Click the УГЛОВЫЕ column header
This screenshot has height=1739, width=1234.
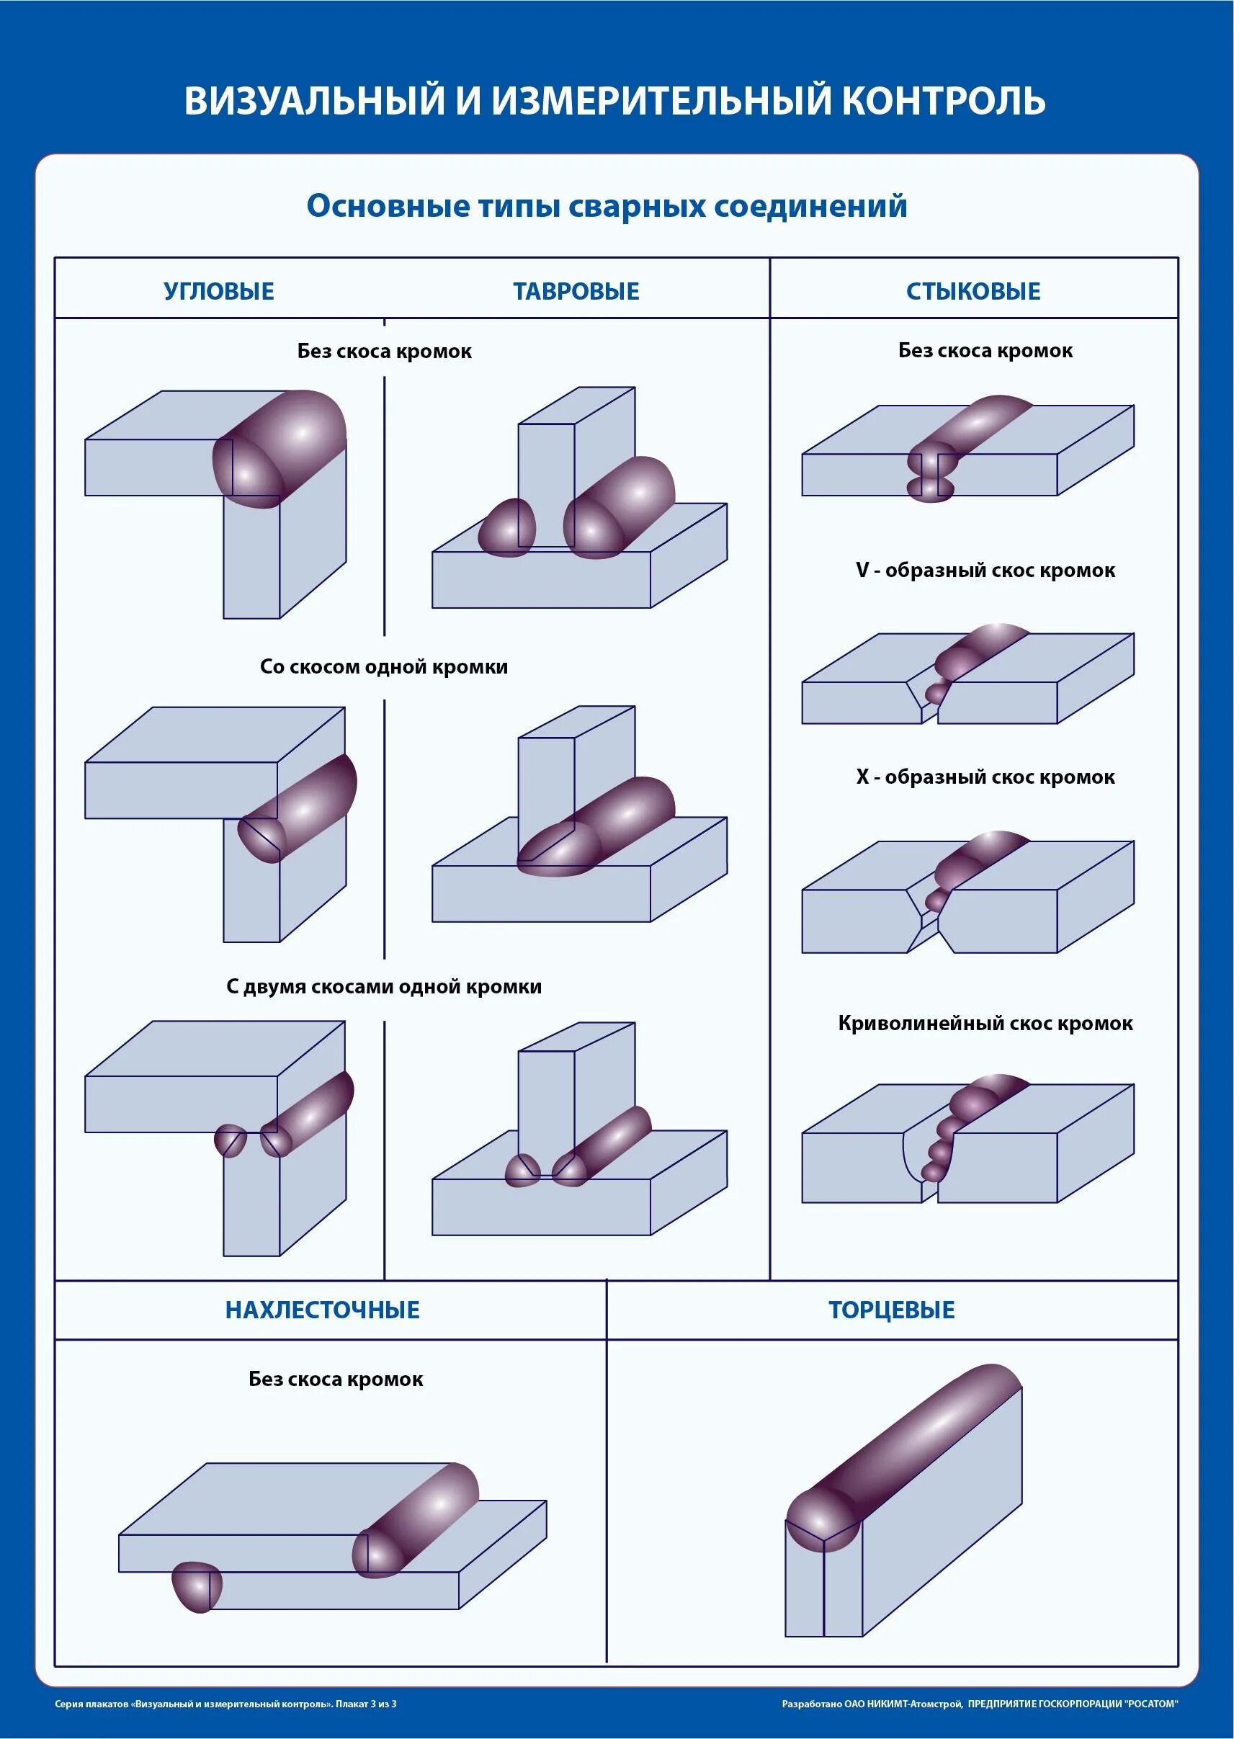219,291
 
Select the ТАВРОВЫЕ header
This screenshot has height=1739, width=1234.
576,291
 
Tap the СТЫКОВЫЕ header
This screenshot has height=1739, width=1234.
973,291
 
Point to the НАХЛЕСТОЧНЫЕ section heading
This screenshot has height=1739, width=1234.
322,1310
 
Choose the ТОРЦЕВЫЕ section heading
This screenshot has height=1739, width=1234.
891,1310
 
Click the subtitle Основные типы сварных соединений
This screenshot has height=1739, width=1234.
607,206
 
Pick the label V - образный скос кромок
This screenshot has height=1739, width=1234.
985,571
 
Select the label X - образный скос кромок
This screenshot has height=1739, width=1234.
985,777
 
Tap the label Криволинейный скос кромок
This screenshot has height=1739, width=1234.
985,1024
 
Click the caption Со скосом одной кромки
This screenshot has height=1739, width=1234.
384,667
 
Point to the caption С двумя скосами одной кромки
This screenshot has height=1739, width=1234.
384,987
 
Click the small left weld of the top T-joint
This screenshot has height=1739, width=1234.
507,527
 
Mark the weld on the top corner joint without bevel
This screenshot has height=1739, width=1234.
281,448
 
